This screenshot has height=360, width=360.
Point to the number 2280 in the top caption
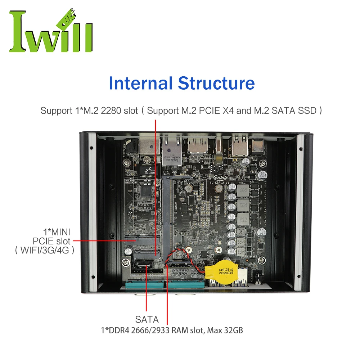click(111, 111)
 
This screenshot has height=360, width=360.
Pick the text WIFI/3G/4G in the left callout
click(45, 249)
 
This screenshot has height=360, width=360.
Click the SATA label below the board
click(147, 319)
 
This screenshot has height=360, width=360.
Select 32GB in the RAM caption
click(231, 329)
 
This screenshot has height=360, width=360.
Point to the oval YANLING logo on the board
click(220, 177)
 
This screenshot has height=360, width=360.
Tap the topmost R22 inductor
click(242, 189)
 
